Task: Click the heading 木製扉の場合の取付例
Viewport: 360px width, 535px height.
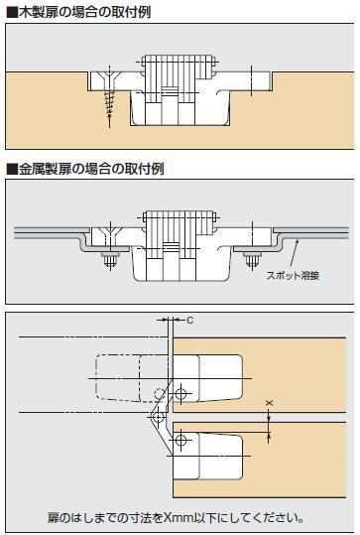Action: coord(84,13)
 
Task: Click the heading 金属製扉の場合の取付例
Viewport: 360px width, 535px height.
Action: coord(91,169)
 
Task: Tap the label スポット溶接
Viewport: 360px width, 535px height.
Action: coord(293,275)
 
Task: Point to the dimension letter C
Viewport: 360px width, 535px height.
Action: coord(189,320)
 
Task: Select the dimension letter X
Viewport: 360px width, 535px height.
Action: coord(270,403)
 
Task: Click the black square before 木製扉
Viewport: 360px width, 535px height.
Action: coord(12,13)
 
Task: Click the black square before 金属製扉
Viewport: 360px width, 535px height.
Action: coord(12,169)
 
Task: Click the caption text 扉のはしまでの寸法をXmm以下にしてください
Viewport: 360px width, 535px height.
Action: coord(176,518)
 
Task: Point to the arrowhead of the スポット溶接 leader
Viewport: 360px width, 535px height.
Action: coord(298,241)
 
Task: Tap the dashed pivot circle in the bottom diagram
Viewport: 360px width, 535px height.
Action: coord(159,394)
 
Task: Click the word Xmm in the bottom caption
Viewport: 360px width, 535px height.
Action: coord(179,518)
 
